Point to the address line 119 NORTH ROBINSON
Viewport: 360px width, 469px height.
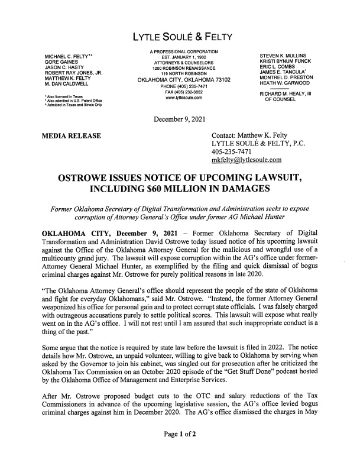click(x=180, y=73)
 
